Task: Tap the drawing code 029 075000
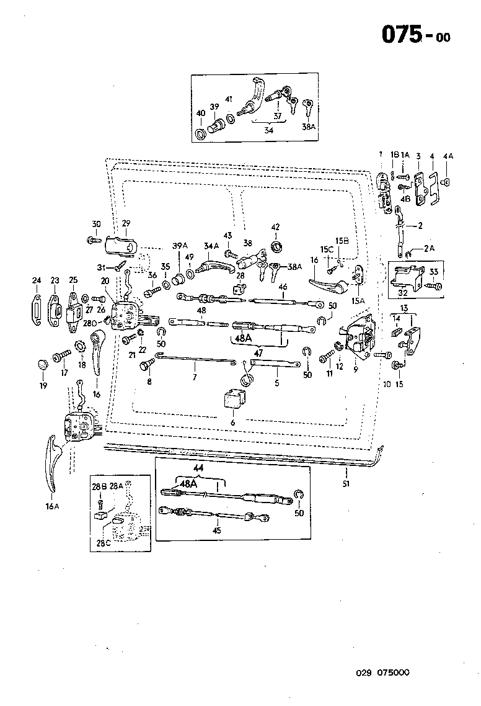[x=382, y=672]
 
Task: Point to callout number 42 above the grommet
[x=275, y=227]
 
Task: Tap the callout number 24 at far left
[x=37, y=280]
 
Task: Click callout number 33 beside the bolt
[x=434, y=271]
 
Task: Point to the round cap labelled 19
[x=43, y=363]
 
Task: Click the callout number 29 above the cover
[x=126, y=223]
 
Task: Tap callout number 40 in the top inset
[x=200, y=114]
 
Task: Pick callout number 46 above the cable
[x=283, y=287]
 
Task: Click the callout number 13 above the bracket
[x=404, y=309]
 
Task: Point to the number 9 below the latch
[x=356, y=370]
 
